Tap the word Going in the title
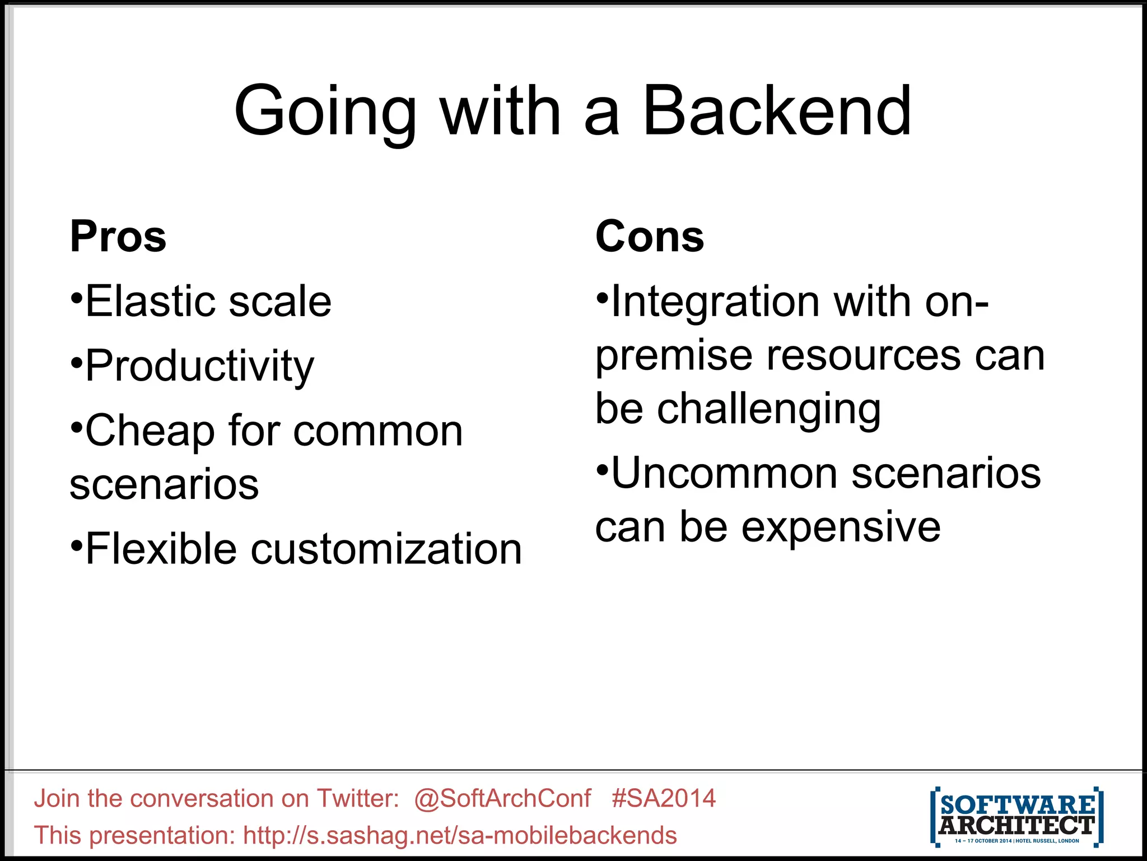tap(325, 112)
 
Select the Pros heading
tap(118, 237)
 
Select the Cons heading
tap(650, 237)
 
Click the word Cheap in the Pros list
tap(150, 432)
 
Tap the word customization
tap(386, 549)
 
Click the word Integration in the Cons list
tap(715, 302)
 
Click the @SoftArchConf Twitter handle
tap(502, 798)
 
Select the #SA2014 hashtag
tap(664, 798)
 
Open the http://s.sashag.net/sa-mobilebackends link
tap(460, 835)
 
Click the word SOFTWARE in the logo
tap(1017, 806)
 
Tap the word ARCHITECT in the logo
tap(1017, 825)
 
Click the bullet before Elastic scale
tap(77, 297)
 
